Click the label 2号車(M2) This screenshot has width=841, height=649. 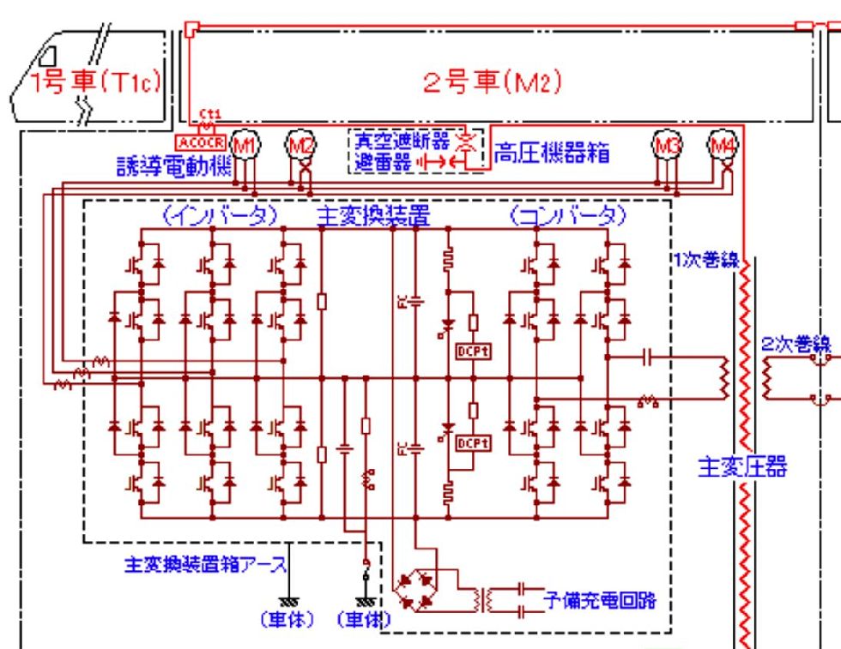tap(493, 82)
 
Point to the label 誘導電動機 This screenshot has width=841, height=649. tap(175, 168)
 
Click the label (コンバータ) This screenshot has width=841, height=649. tap(566, 213)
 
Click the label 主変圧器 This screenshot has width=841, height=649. tap(742, 469)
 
